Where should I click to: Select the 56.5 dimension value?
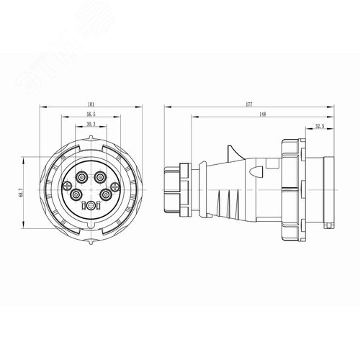(90, 114)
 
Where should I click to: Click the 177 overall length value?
(248, 106)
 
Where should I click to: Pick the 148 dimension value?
(263, 114)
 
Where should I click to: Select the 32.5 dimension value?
(318, 127)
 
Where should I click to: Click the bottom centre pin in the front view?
(90, 205)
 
